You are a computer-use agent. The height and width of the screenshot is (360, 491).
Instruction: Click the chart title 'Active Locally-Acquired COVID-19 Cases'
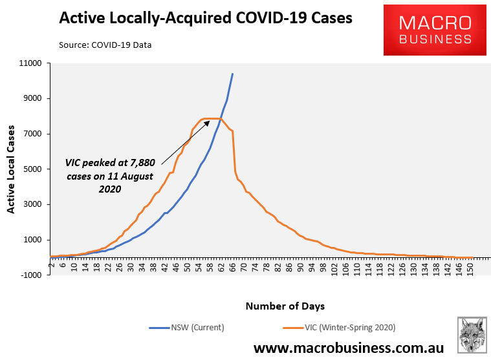(206, 18)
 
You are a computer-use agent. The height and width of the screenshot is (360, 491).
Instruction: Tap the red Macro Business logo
(435, 30)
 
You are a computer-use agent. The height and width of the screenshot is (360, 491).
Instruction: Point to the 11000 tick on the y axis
(30, 63)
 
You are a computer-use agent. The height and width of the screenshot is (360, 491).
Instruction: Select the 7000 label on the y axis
(32, 134)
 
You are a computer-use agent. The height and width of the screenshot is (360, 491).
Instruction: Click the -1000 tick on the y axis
(30, 275)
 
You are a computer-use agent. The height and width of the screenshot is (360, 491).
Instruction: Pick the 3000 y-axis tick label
(32, 204)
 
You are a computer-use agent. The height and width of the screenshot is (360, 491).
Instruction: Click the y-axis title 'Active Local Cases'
(11, 169)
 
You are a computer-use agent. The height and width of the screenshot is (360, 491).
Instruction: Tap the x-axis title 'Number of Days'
(285, 305)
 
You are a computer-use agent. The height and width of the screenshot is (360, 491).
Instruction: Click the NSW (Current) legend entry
(187, 327)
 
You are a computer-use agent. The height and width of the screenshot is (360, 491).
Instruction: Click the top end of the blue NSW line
(233, 74)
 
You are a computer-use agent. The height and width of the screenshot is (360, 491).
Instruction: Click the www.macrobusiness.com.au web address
(348, 348)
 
